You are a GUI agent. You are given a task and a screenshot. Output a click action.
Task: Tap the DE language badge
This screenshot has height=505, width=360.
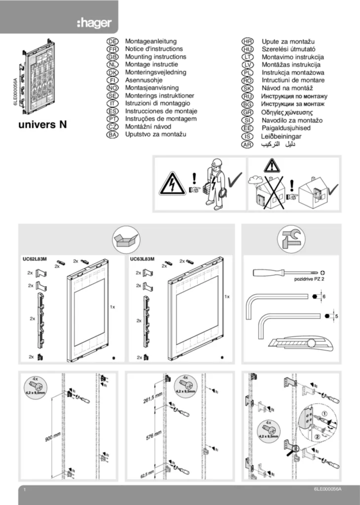coord(112,42)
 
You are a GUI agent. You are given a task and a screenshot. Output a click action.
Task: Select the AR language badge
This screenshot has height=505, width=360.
coord(248,144)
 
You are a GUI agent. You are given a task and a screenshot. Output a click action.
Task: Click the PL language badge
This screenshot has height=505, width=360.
coord(248,72)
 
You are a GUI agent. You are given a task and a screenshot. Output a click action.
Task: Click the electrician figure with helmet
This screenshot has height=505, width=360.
coord(215,182)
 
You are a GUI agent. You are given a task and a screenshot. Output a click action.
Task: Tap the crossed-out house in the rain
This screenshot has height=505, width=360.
coord(269,192)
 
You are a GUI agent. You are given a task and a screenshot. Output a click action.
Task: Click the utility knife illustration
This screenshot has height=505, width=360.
coord(292,344)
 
